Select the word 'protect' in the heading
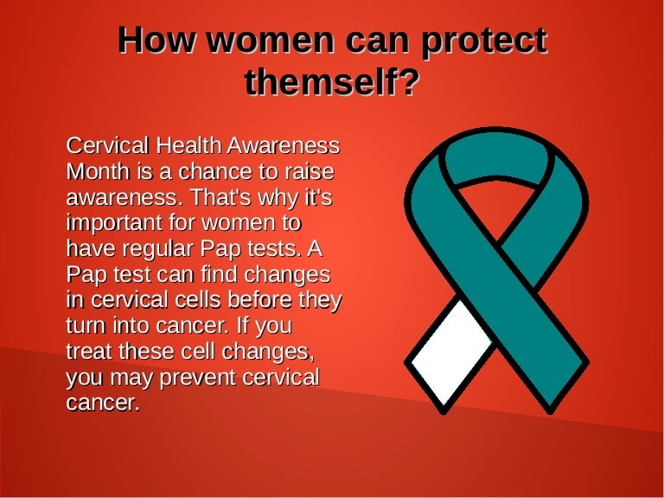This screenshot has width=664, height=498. tap(484, 41)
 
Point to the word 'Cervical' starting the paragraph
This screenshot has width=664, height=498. tap(107, 145)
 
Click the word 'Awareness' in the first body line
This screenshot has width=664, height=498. tap(284, 145)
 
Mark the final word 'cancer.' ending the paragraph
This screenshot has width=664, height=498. tap(103, 403)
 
